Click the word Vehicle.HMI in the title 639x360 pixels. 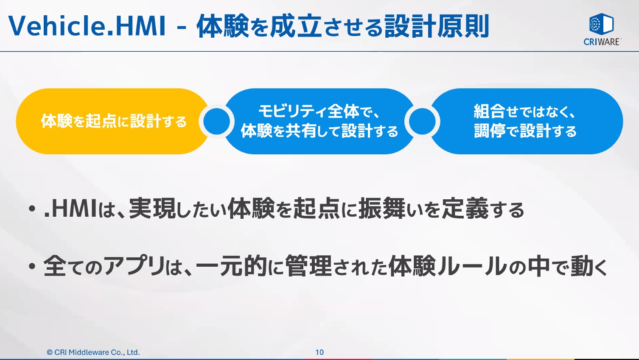[87, 26]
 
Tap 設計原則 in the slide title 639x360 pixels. [437, 26]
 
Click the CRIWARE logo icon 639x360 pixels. [601, 24]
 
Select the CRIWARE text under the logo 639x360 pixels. [602, 42]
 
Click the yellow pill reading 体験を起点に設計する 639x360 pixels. [114, 121]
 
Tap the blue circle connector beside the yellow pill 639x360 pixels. [216, 121]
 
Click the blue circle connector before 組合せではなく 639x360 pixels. [422, 121]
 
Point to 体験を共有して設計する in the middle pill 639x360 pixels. [319, 131]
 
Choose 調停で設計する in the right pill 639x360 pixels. [525, 131]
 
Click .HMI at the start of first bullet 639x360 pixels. [70, 209]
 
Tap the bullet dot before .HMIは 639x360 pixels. [32, 209]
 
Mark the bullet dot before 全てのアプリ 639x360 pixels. [32, 267]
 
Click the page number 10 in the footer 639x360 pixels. [319, 352]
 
